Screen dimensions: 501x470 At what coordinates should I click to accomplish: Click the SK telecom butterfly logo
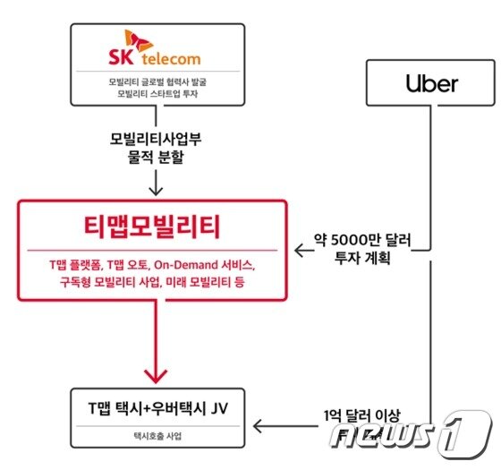pos(139,40)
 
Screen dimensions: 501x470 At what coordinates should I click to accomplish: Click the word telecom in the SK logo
pos(171,59)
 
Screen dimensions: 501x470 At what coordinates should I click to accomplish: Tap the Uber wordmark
pos(431,83)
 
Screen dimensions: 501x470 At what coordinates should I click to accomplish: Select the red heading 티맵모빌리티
pos(152,226)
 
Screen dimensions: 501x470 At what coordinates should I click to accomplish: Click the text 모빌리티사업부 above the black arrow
pos(156,139)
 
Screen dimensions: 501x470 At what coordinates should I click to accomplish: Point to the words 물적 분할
pos(156,157)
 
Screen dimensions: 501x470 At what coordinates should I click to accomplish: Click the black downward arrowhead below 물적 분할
pos(156,191)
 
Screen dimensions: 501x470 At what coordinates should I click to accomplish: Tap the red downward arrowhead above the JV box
pos(156,376)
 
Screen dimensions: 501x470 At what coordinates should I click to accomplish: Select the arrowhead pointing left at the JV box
pos(258,426)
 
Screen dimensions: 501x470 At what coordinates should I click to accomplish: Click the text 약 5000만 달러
pos(362,240)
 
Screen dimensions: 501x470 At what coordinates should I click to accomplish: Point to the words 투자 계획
pos(362,258)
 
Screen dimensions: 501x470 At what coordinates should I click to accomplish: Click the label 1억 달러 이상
pos(361,415)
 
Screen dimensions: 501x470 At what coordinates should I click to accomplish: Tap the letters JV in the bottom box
pos(219,408)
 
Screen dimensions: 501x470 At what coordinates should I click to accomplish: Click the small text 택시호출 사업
pos(157,436)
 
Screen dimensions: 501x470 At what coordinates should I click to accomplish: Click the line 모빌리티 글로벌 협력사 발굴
pos(157,81)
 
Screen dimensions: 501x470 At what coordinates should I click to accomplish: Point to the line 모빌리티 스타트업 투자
pos(157,94)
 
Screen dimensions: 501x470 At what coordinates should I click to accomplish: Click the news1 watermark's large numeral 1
pos(465,434)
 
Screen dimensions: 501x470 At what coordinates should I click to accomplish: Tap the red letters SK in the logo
pos(121,57)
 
